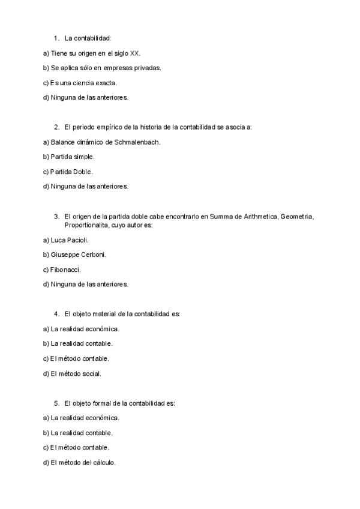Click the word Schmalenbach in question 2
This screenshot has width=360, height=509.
142,142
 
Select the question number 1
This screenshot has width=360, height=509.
56,38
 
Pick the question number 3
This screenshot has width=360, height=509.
56,216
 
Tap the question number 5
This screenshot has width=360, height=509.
56,403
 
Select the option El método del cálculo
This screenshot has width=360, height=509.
83,462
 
